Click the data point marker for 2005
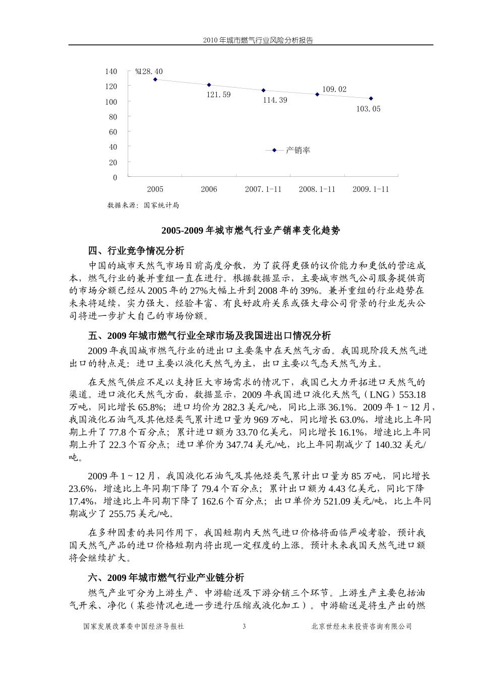(x=155, y=80)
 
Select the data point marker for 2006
(x=209, y=85)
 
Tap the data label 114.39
(x=275, y=100)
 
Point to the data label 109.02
(x=334, y=90)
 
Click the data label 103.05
(x=368, y=109)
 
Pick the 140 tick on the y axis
(x=111, y=72)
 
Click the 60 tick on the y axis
(x=113, y=132)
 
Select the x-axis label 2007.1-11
(x=263, y=189)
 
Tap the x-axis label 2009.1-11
(x=371, y=189)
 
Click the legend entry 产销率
(x=297, y=150)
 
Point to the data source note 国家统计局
(x=143, y=205)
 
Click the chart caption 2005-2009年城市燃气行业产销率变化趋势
(x=251, y=230)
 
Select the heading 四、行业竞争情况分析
(x=136, y=250)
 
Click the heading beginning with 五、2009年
(x=209, y=335)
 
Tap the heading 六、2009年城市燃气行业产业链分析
(x=166, y=577)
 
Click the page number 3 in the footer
(x=244, y=626)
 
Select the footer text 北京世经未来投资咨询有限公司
(x=362, y=626)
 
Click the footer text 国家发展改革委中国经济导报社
(x=134, y=626)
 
